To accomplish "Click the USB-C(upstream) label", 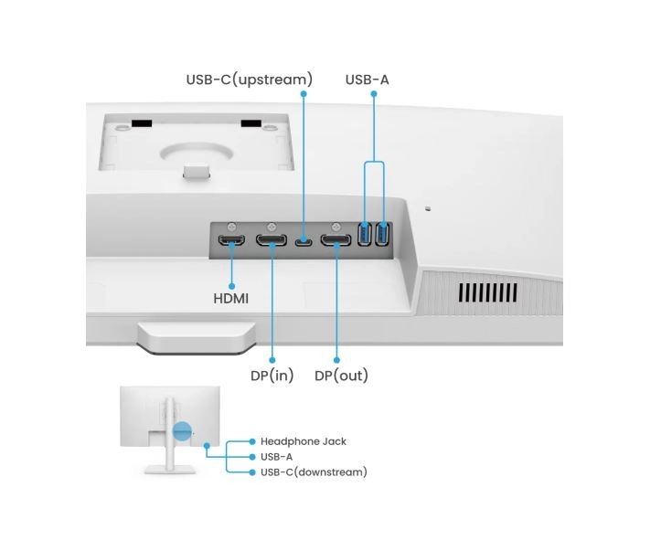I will [249, 79].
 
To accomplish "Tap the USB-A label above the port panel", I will [367, 79].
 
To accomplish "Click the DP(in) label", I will [272, 376].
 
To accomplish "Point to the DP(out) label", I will [341, 376].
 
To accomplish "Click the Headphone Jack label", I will [304, 441].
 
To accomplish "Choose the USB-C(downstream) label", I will [314, 472].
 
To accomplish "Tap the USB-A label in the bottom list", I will [277, 457].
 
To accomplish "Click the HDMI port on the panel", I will [231, 242].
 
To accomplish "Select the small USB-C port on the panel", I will [304, 242].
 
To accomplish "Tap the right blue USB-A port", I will [382, 235].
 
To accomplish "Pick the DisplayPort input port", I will [272, 242].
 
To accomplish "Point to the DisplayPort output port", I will [336, 242].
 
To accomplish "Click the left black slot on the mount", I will [139, 123].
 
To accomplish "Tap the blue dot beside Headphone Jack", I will [252, 441].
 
